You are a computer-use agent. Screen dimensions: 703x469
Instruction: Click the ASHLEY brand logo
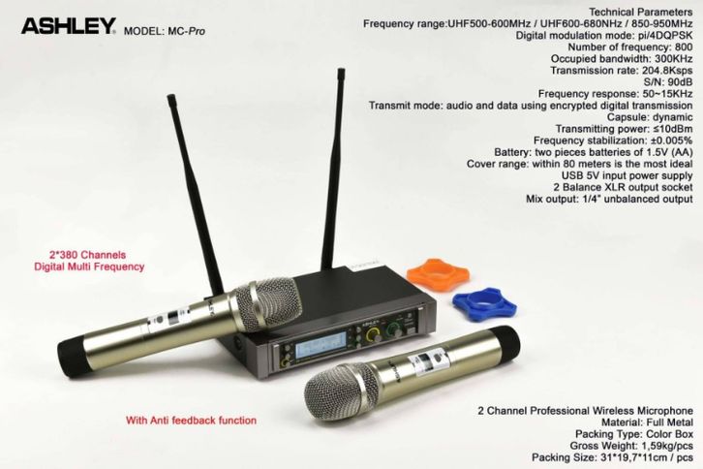(x=69, y=26)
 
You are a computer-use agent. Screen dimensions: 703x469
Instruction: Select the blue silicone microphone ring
(x=484, y=304)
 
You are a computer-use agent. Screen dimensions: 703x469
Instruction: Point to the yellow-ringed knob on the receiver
(x=373, y=335)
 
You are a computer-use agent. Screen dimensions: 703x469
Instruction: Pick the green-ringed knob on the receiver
(x=394, y=328)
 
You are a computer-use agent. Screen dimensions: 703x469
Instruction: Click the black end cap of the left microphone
(x=72, y=356)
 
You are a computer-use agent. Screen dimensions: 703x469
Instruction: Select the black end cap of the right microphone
(x=506, y=344)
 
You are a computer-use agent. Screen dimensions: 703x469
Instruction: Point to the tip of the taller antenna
(x=341, y=70)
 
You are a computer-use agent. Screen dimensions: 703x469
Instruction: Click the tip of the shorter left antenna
(x=170, y=97)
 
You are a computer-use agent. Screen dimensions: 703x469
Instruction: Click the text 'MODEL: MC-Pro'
(x=165, y=31)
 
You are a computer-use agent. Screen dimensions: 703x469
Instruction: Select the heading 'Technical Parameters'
(x=641, y=12)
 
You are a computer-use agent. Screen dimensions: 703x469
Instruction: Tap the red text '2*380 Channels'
(x=88, y=255)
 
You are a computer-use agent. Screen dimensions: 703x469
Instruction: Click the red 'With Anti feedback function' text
(x=191, y=421)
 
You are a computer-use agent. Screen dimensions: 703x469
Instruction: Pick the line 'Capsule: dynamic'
(x=650, y=117)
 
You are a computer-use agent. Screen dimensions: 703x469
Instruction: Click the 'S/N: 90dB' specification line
(x=668, y=82)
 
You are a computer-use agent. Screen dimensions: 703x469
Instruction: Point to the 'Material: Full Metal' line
(x=647, y=422)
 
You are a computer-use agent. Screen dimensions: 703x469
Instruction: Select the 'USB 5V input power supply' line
(x=627, y=175)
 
